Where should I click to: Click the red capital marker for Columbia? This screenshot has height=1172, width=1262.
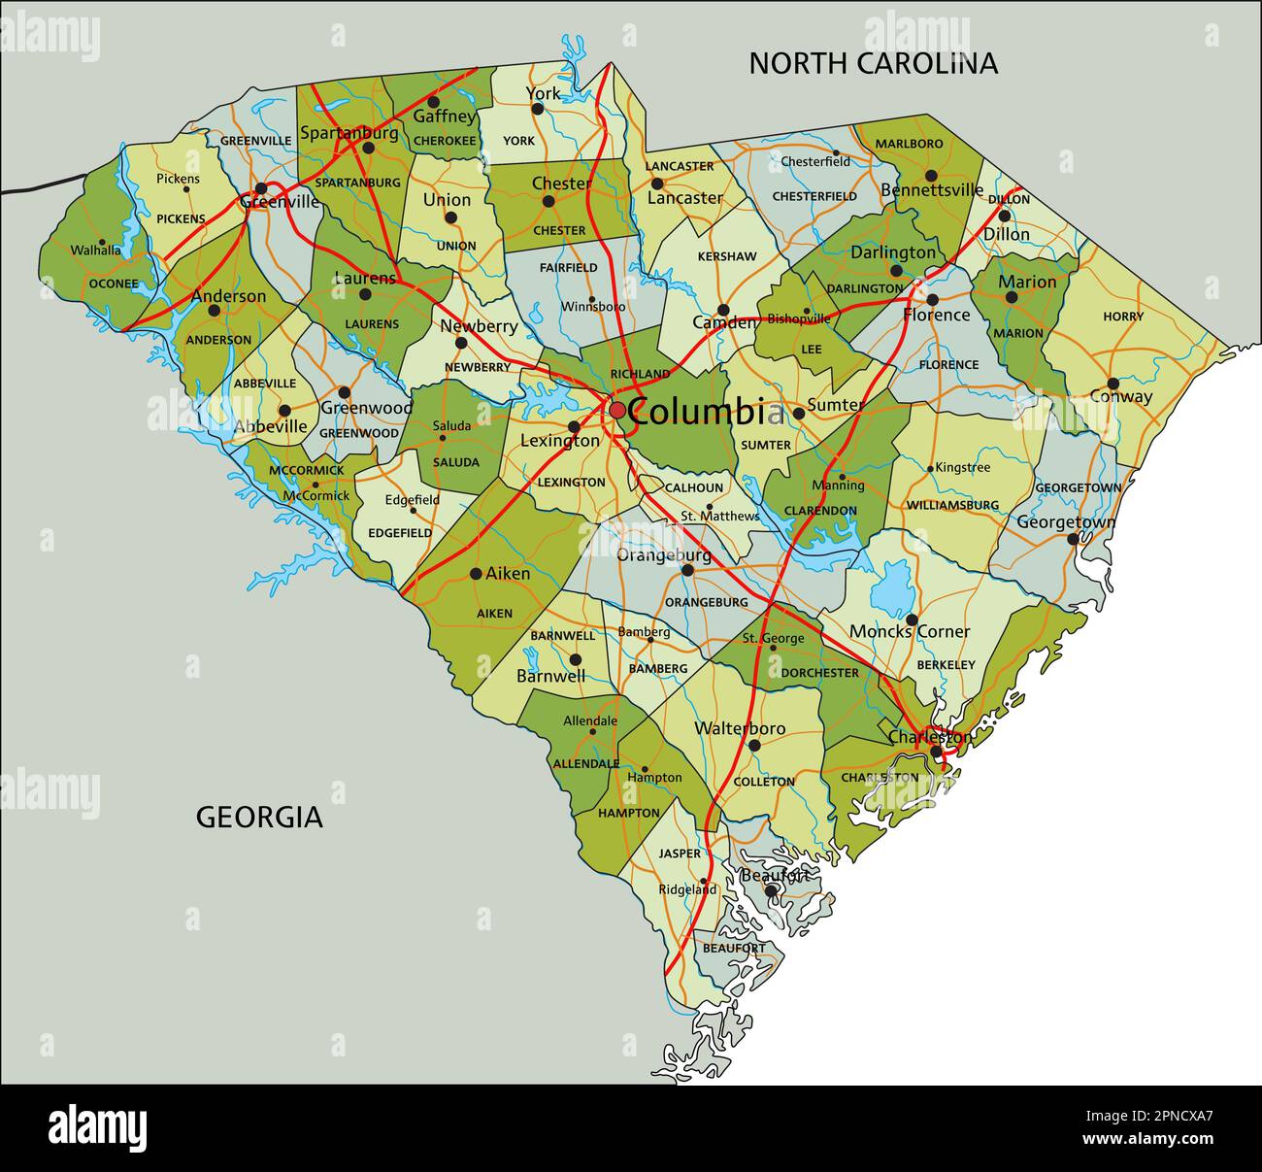[x=617, y=411]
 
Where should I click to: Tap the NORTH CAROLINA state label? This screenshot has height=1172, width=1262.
[x=873, y=63]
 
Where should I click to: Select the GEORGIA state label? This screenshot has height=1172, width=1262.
[x=259, y=817]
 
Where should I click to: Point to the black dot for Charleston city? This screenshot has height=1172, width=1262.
[x=936, y=752]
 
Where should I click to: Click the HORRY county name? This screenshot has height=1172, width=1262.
[x=1123, y=317]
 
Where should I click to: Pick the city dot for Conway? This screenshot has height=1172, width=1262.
[x=1113, y=384]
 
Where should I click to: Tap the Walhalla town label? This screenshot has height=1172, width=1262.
[x=96, y=251]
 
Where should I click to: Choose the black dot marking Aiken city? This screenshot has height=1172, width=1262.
[x=476, y=574]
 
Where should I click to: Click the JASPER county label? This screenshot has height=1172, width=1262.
[x=680, y=854]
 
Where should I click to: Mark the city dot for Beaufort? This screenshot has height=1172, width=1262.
[x=770, y=890]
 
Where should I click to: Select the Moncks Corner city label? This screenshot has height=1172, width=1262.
[x=910, y=632]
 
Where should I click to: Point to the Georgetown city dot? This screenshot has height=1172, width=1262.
[x=1073, y=538]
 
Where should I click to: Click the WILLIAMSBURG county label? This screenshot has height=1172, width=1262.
[x=952, y=505]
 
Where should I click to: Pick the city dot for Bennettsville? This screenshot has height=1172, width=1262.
[x=931, y=176]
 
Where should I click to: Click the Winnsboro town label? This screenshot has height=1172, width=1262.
[x=593, y=306]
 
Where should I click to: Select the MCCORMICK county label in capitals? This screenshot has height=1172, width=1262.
[x=307, y=470]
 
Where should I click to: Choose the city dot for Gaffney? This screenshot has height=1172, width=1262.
[x=434, y=101]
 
